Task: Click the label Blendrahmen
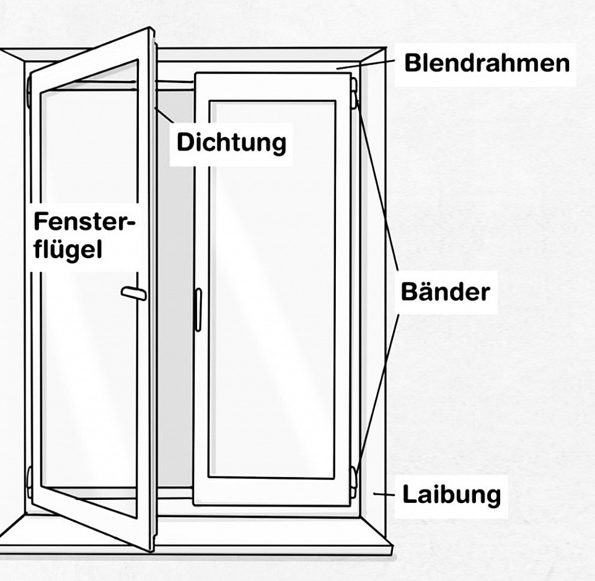[487, 63]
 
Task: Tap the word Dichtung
[231, 143]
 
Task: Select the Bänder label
[445, 292]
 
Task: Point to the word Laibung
[451, 494]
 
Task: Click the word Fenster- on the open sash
[84, 222]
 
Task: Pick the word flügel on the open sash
[68, 249]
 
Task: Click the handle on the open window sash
[134, 294]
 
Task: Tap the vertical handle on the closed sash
[198, 310]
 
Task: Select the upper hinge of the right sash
[355, 93]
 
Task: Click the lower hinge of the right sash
[354, 482]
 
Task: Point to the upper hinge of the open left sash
[29, 92]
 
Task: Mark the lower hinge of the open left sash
[29, 482]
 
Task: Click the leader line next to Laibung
[384, 494]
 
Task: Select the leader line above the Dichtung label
[164, 115]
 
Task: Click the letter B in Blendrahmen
[411, 63]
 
